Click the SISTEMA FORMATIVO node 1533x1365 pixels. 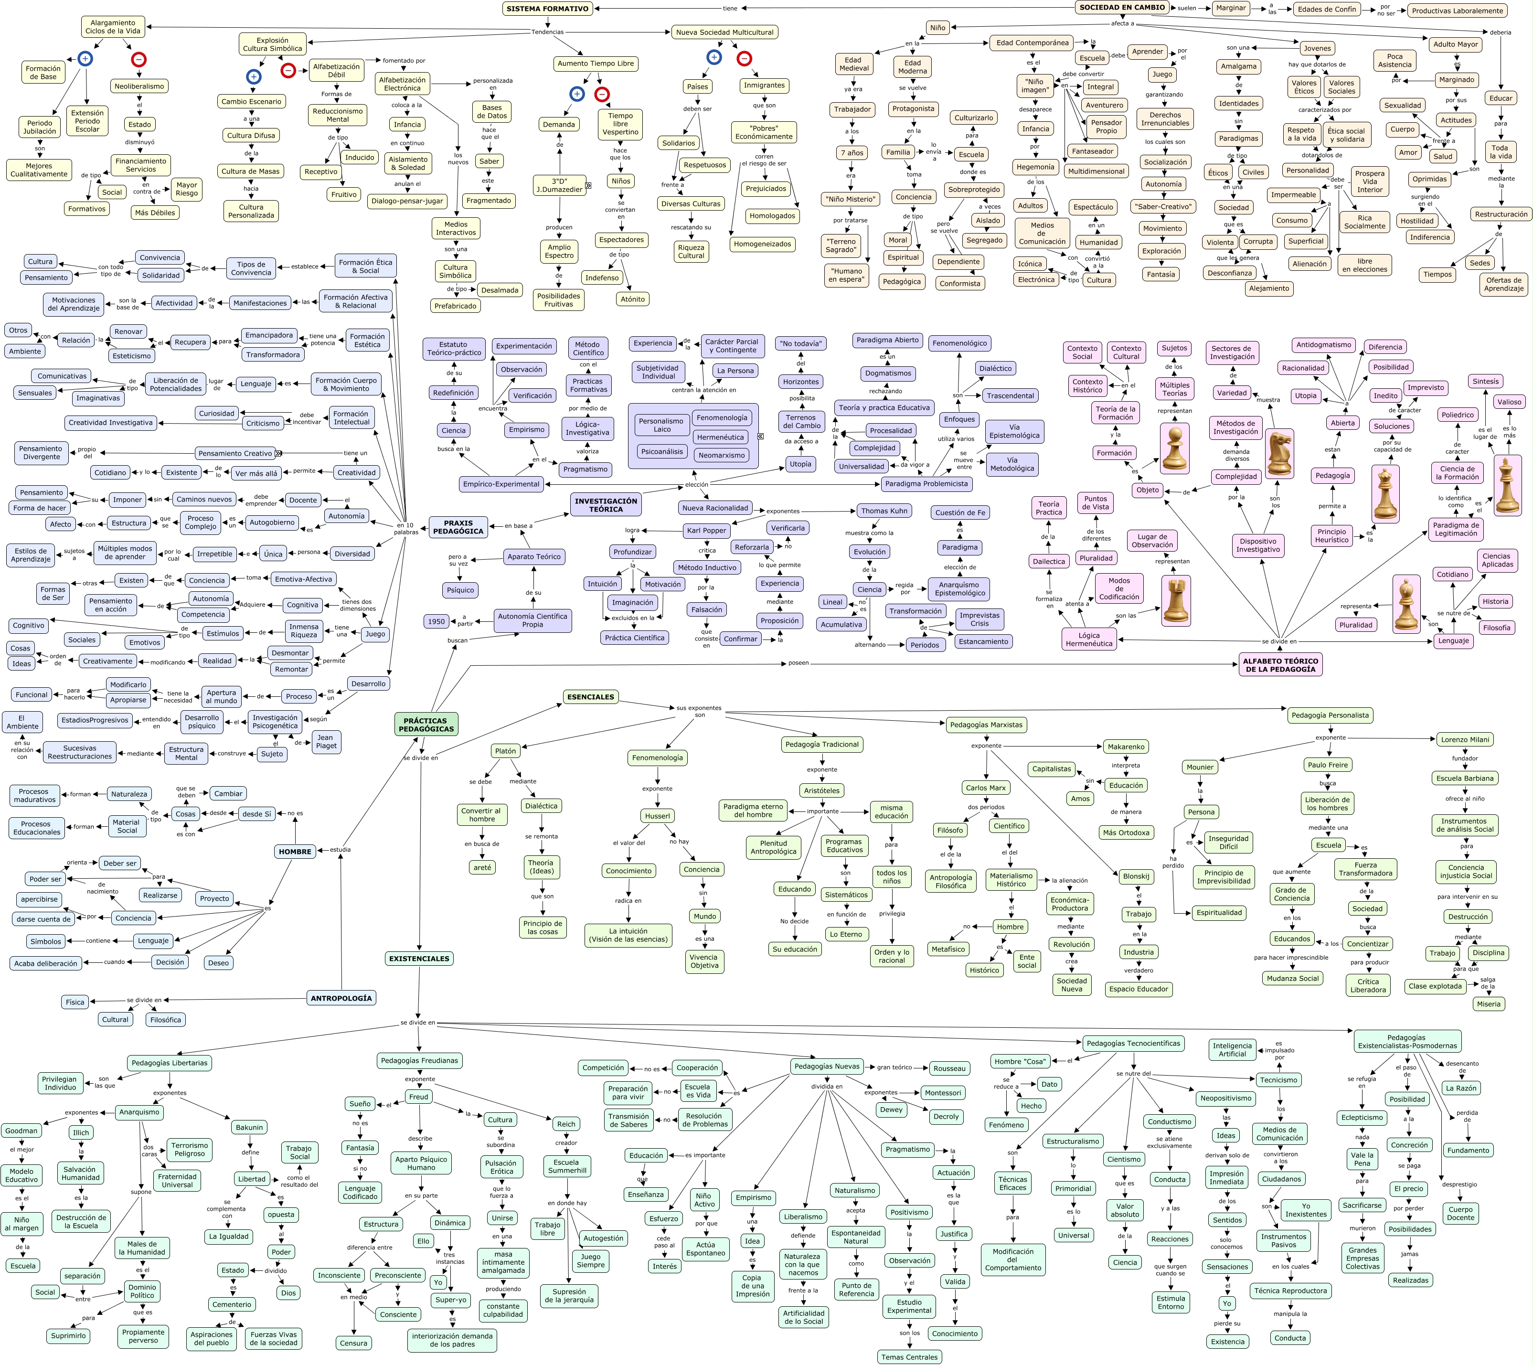click(547, 9)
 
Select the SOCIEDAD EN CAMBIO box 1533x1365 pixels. click(1122, 8)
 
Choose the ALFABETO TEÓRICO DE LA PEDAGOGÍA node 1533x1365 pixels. click(1280, 664)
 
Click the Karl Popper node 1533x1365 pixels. click(706, 530)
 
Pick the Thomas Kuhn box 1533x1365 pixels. click(884, 511)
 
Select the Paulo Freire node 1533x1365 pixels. click(1328, 765)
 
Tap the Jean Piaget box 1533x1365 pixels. click(326, 741)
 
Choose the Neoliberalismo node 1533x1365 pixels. click(139, 86)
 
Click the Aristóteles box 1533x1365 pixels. click(822, 790)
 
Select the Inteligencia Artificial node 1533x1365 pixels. click(1232, 1049)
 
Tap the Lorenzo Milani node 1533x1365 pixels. click(1465, 739)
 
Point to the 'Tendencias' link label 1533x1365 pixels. click(547, 32)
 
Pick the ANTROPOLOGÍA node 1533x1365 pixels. click(341, 998)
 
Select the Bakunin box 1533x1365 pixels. click(249, 1127)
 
